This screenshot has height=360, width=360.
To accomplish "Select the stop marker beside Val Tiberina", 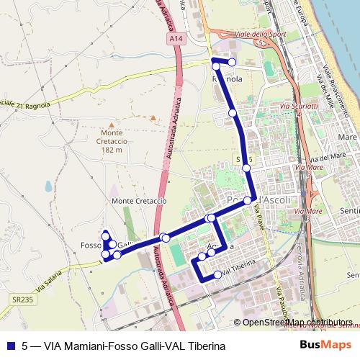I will click(217, 274).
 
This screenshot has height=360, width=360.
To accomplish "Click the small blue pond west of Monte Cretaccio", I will click(48, 186).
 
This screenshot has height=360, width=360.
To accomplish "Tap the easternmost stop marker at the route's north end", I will click(232, 62).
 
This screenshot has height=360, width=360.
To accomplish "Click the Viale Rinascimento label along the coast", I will click(338, 90).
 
